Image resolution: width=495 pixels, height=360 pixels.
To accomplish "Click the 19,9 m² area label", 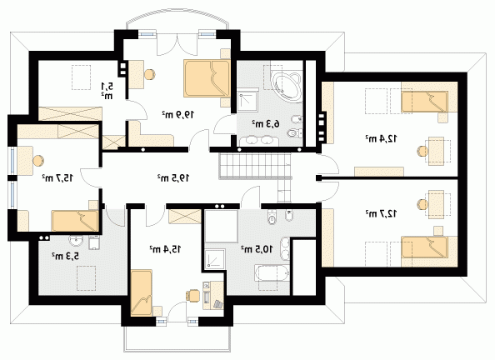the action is tap(178, 115).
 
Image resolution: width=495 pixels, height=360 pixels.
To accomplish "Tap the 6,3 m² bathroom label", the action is tap(266, 124).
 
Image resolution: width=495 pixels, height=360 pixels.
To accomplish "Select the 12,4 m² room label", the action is tap(382, 138).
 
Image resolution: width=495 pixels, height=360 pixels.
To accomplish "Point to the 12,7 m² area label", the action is tap(382, 214).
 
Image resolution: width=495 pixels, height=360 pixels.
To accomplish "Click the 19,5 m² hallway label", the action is tap(173, 178).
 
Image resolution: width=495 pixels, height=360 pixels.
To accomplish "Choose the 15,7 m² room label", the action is tap(57, 178).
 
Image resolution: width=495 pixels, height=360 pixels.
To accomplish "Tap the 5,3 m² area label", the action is tap(65, 256).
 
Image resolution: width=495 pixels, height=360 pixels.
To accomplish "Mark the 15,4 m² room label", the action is tap(165, 249).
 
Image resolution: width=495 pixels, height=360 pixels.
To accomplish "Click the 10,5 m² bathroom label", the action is tap(257, 249).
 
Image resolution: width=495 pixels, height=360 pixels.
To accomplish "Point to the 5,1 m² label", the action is tap(107, 91).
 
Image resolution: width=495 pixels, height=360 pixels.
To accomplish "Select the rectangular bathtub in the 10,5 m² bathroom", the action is tap(272, 273).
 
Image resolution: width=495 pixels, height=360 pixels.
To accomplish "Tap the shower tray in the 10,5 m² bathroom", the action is tap(215, 259).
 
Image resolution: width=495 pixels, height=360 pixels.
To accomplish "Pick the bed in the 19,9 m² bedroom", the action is tap(207, 78).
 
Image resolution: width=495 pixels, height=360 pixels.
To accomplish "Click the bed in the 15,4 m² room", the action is tap(141, 292).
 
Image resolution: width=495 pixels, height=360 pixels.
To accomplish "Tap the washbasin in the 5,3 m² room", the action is tap(76, 242).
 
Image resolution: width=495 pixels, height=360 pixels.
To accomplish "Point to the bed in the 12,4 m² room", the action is tap(424, 102).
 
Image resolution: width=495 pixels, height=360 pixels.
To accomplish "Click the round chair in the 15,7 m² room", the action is tap(39, 161).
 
